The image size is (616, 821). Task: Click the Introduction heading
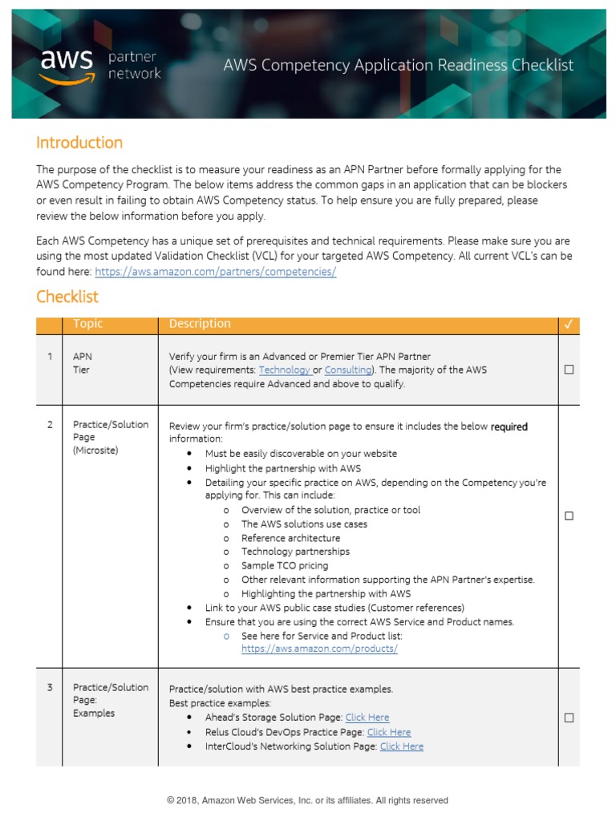79,143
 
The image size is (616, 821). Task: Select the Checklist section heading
67,297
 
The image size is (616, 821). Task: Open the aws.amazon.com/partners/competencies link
215,272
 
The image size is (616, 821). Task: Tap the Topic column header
88,324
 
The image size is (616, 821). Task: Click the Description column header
200,324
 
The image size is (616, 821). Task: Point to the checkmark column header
569,325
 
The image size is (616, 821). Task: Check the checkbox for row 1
569,370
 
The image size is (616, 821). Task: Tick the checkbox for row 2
569,516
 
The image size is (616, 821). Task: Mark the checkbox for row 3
569,718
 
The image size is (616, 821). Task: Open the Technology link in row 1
284,370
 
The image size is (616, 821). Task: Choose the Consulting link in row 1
347,370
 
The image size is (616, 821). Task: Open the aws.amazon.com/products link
319,649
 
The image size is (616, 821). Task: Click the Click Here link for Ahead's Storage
367,718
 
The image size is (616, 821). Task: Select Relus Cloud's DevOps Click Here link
388,732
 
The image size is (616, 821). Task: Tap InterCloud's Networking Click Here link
402,746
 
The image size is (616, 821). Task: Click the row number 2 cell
50,425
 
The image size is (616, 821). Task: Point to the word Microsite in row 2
95,451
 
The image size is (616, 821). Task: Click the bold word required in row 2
509,427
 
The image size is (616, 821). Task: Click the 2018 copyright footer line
307,800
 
